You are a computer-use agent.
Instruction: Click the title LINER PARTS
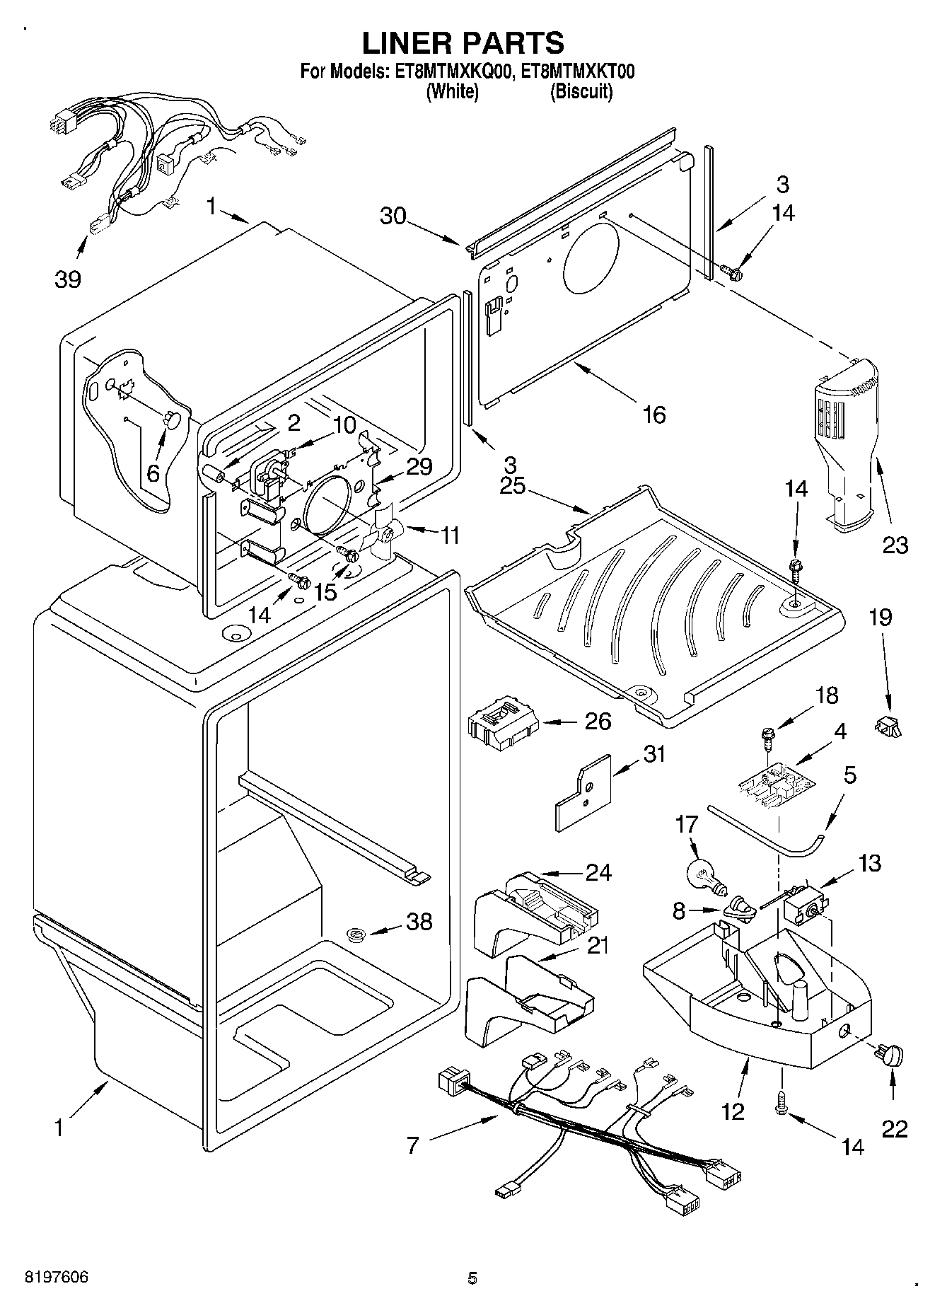point(463,43)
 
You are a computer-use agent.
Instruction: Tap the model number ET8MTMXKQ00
point(449,71)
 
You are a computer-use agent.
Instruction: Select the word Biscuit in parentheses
point(581,92)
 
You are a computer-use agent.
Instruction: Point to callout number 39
point(68,279)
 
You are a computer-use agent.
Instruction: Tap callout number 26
point(598,722)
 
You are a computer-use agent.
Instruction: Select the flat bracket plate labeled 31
point(583,792)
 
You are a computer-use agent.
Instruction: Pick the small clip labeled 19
point(888,726)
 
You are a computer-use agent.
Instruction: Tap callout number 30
point(393,215)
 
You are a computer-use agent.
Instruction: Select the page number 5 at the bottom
point(472,1278)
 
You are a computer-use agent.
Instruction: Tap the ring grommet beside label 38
point(357,936)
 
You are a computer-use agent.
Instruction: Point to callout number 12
point(733,1112)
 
